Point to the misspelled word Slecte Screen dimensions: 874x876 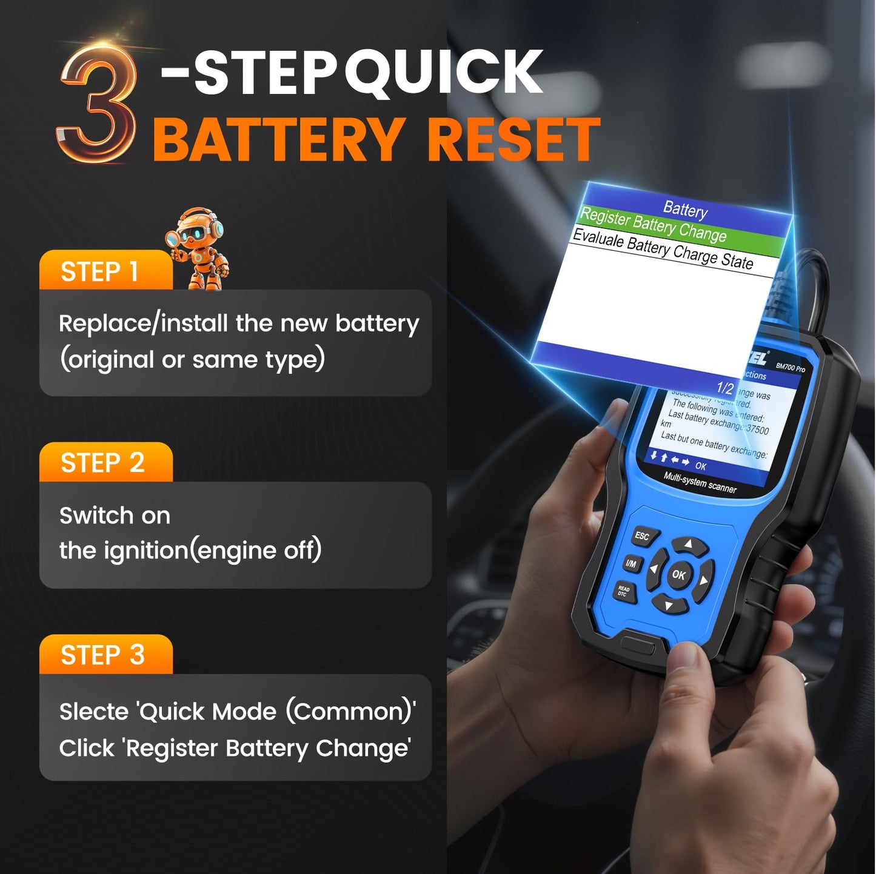click(94, 712)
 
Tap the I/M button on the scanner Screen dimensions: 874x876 click(631, 564)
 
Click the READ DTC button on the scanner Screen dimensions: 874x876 click(623, 591)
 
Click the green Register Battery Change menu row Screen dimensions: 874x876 click(654, 224)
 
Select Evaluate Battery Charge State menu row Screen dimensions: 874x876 click(663, 248)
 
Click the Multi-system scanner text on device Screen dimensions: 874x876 click(700, 482)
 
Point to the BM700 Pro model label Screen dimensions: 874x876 click(791, 367)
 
